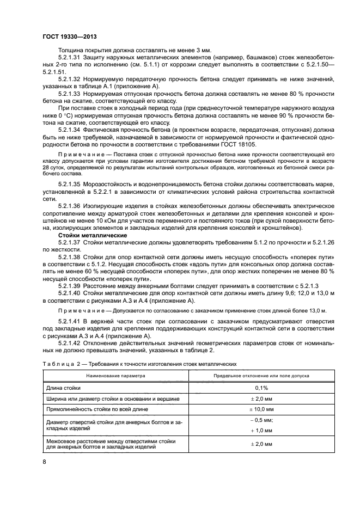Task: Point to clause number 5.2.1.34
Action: point(70,131)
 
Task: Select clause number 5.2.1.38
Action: point(70,255)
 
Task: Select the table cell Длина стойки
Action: point(64,388)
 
